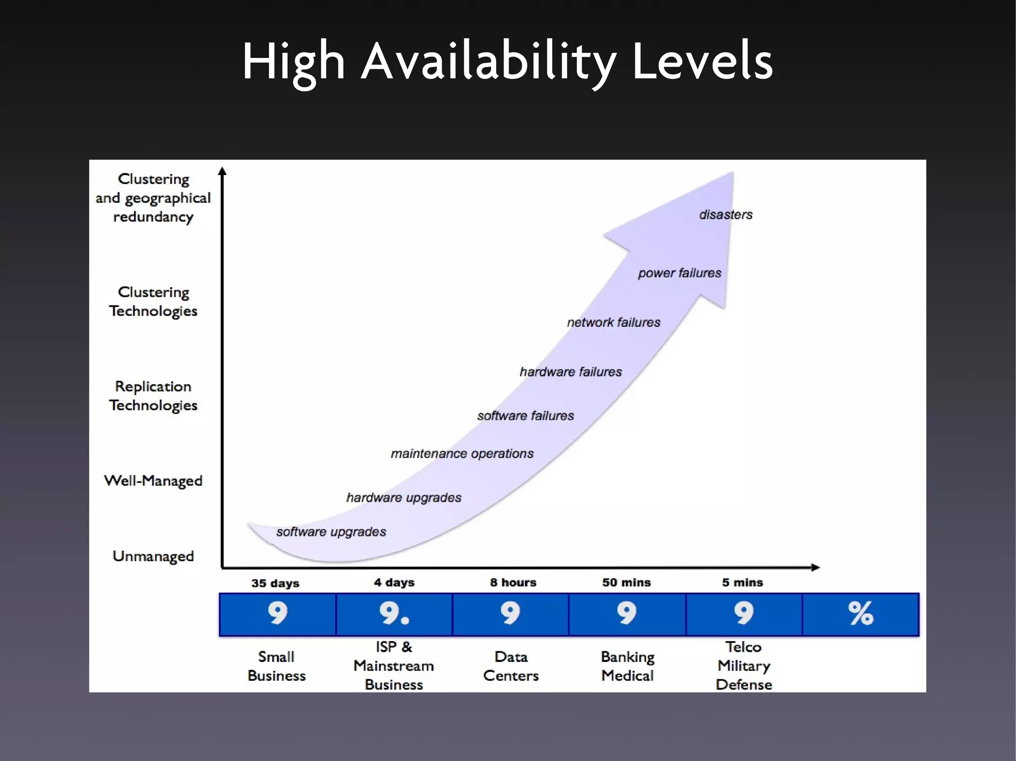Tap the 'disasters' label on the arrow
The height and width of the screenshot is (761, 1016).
[x=725, y=215]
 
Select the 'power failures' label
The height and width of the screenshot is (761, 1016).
[x=679, y=273]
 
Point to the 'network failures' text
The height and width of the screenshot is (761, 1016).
[x=613, y=323]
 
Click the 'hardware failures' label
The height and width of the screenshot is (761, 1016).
[x=571, y=372]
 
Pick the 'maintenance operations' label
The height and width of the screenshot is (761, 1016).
[x=462, y=454]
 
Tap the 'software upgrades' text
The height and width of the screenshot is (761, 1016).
[x=331, y=532]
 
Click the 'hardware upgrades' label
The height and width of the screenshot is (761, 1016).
[x=403, y=498]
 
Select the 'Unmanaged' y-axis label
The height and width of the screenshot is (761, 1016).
[x=153, y=556]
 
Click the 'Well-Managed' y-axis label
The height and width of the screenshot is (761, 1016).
[x=153, y=481]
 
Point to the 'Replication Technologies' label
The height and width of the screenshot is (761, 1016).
[x=153, y=396]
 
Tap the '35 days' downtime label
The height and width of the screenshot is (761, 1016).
[x=275, y=583]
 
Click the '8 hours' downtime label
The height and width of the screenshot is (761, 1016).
[x=513, y=583]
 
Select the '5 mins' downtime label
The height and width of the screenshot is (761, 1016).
[x=742, y=583]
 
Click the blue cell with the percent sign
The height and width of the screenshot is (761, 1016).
[x=860, y=614]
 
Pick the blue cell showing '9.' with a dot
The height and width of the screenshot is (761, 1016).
[x=394, y=614]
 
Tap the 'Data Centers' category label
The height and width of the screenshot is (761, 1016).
[x=510, y=666]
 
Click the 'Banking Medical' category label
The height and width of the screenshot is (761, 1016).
[x=628, y=666]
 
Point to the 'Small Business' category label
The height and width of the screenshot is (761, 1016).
[x=276, y=666]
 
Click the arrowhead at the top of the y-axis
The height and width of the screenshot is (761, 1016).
[x=222, y=172]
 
